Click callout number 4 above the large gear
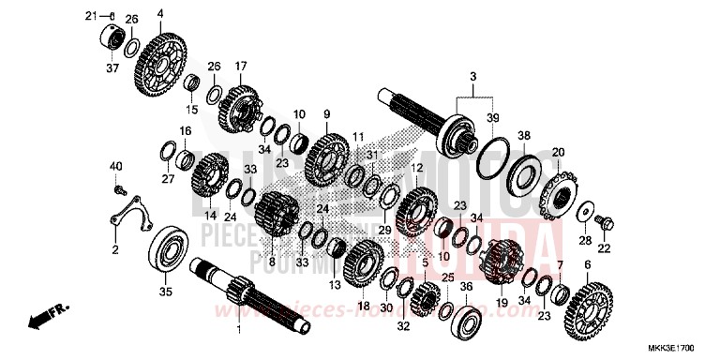pyautogui.click(x=159, y=13)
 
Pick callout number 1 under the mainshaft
pyautogui.click(x=238, y=330)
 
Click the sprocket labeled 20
pyautogui.click(x=560, y=193)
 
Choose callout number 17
pyautogui.click(x=241, y=66)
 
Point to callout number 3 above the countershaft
pyautogui.click(x=473, y=75)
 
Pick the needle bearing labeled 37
pyautogui.click(x=113, y=40)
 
